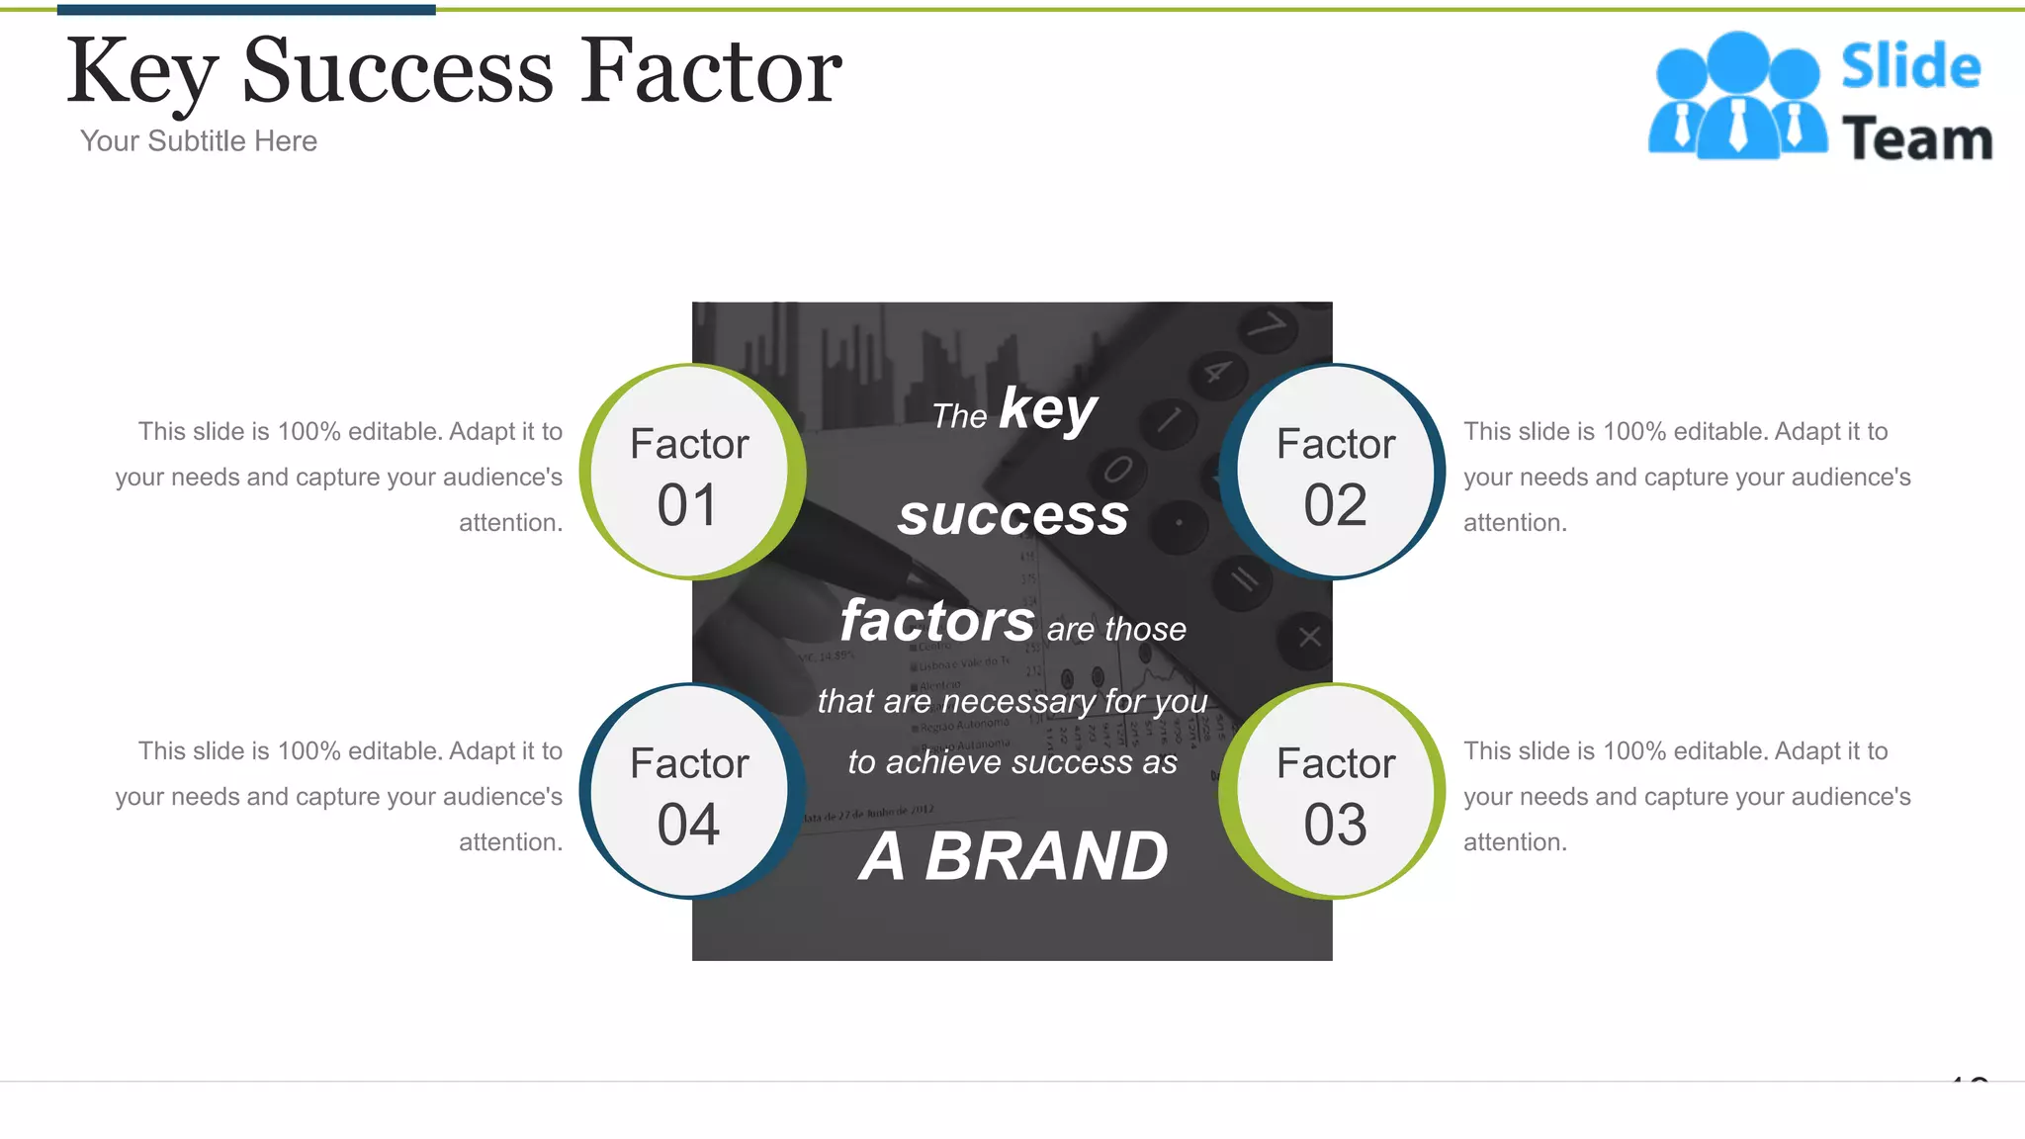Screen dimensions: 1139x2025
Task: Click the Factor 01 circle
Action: (690, 473)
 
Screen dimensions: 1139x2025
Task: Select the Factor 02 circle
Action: (1335, 473)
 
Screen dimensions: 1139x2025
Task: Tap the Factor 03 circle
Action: (1335, 792)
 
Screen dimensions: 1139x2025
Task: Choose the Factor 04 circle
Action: (690, 792)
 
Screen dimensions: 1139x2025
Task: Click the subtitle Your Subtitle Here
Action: (199, 141)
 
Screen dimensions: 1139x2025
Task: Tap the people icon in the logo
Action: (1737, 97)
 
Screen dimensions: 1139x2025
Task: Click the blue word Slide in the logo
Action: (1910, 66)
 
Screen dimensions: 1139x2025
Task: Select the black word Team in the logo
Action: (1916, 139)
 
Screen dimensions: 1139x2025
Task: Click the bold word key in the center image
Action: (1048, 408)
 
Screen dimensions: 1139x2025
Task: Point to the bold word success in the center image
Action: (1012, 515)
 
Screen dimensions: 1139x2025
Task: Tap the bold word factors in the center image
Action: (937, 621)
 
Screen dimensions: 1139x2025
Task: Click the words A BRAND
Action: (1012, 855)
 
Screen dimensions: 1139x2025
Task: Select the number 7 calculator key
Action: (1270, 324)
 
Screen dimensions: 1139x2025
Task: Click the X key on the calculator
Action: (1309, 637)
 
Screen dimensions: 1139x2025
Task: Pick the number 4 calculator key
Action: (1216, 373)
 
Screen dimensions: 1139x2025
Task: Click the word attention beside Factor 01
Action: (510, 523)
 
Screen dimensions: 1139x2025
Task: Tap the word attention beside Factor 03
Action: (1515, 842)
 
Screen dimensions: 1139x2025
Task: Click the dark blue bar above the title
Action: (246, 10)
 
